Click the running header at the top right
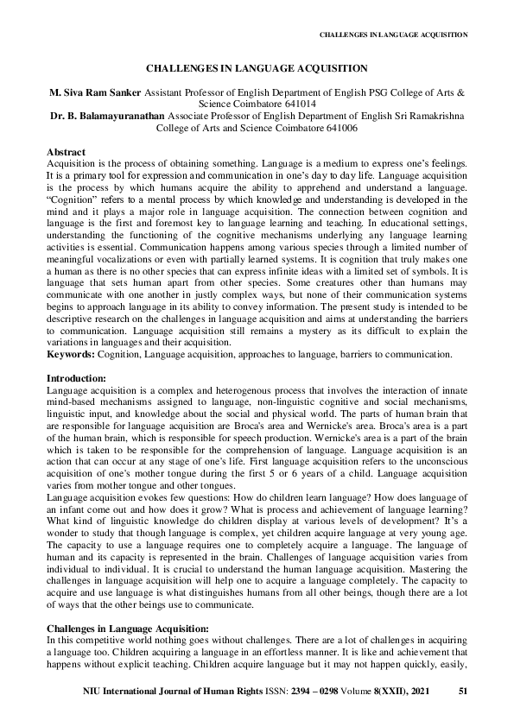pos(393,35)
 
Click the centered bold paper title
pos(257,66)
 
